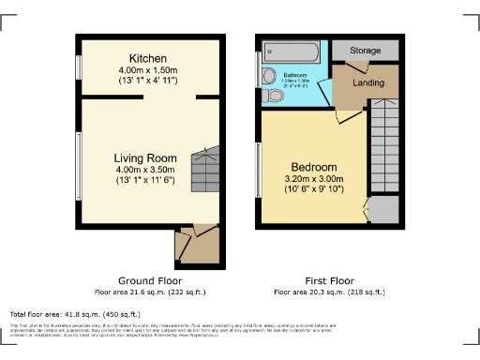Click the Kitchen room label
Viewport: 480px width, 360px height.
148,57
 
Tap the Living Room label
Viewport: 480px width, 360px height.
146,157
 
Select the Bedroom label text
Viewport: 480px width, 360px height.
310,167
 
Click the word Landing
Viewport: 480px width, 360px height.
369,83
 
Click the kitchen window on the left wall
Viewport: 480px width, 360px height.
79,68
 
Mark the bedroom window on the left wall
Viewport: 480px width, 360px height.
259,170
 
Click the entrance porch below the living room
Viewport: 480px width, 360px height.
197,245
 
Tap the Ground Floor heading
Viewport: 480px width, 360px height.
150,280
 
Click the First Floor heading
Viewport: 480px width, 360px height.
329,280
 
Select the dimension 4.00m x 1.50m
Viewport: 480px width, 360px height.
148,70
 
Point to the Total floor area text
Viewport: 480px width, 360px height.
74,313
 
